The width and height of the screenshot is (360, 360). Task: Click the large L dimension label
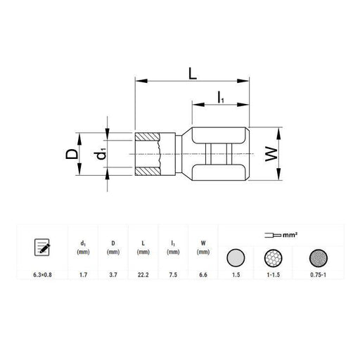coord(193,73)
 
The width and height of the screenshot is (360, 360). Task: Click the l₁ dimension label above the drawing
coord(221,97)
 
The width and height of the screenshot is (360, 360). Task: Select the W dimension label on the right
coord(271,154)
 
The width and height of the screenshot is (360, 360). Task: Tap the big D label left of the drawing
coord(72,154)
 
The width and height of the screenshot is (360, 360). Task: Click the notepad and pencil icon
coord(42,247)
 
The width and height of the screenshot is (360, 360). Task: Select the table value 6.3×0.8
coord(42,275)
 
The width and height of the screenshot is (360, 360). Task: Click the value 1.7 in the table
coord(83,275)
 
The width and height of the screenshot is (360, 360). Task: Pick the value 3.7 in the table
coord(113,275)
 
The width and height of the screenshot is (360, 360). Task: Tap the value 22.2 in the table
coord(143,275)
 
